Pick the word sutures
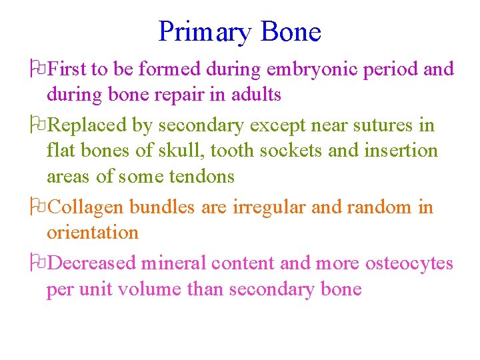point(377,125)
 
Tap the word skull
point(180,151)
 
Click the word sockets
point(291,151)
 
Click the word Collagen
point(87,207)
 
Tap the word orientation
point(93,233)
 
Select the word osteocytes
point(409,263)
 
